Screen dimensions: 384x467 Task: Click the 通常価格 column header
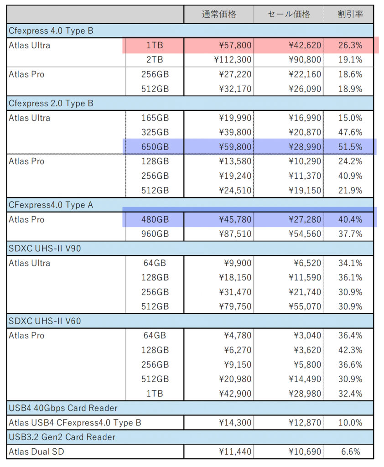219,14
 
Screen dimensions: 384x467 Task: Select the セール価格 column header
288,14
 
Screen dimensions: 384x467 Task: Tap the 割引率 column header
350,14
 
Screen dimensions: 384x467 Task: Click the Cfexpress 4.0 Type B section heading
51,31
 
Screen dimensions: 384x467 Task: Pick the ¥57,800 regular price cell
235,45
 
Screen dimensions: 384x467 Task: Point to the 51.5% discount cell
350,147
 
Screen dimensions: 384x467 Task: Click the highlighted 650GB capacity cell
155,147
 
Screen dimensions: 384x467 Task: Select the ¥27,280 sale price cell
305,219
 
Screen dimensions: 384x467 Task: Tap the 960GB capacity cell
155,234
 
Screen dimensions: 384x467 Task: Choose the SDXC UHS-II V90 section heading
45,249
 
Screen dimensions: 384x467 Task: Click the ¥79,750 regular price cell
235,306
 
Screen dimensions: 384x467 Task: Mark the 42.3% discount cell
350,350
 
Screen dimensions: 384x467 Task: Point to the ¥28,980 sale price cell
305,394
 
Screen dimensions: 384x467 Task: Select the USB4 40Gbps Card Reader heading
63,408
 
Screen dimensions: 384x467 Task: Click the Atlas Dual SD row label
36,452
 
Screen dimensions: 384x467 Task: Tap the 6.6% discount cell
351,452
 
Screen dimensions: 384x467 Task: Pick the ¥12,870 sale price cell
305,423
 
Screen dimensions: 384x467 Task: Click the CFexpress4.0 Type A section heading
51,205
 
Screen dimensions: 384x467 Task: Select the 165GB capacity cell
155,118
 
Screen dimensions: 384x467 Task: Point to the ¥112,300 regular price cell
233,60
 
